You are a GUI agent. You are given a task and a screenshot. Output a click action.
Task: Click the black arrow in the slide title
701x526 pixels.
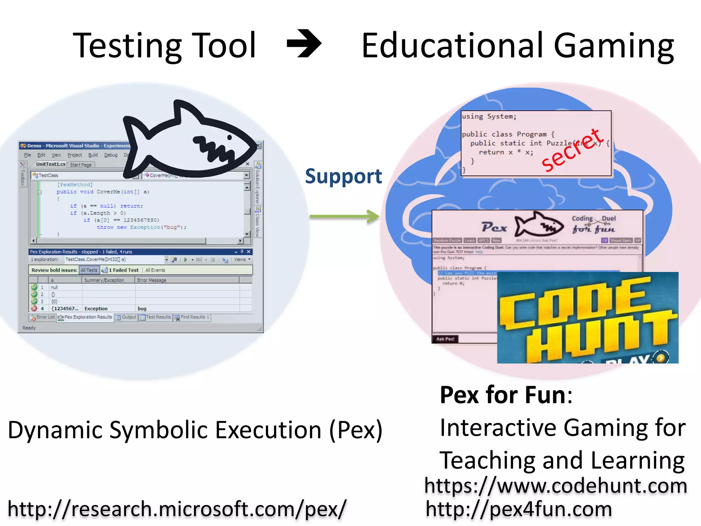(304, 43)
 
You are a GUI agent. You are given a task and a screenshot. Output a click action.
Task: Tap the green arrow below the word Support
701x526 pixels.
(344, 216)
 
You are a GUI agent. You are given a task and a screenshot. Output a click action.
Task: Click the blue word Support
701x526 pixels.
(343, 176)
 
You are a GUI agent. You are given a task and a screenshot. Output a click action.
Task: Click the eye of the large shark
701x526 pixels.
(229, 137)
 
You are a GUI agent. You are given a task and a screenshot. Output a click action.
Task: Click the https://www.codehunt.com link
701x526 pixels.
(556, 486)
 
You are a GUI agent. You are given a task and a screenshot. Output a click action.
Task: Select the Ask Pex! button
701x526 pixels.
(445, 339)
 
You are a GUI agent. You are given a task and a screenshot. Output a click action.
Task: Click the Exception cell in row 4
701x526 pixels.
(96, 309)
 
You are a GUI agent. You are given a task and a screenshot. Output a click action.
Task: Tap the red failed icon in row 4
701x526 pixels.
(34, 308)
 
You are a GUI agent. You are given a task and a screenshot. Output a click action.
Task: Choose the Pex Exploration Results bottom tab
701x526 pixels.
(85, 317)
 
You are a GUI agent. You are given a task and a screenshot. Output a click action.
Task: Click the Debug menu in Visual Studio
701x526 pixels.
(111, 155)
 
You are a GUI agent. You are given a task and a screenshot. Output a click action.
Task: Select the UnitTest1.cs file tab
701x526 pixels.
(51, 164)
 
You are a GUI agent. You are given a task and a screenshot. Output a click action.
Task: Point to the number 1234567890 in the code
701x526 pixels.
(141, 220)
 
